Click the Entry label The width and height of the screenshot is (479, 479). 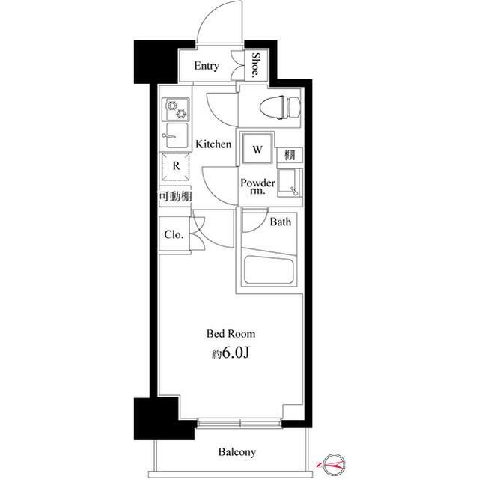pyautogui.click(x=207, y=66)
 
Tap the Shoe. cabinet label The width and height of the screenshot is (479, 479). pyautogui.click(x=256, y=65)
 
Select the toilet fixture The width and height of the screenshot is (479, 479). pyautogui.click(x=280, y=107)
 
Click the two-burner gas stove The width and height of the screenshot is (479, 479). pyautogui.click(x=175, y=109)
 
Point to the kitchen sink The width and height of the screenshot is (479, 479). pyautogui.click(x=176, y=135)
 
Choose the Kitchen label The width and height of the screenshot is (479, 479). pyautogui.click(x=213, y=144)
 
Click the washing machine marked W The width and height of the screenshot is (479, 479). pyautogui.click(x=257, y=149)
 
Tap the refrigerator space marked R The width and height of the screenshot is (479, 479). pyautogui.click(x=176, y=167)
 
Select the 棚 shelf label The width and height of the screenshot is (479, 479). pyautogui.click(x=290, y=155)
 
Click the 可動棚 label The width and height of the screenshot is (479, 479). pyautogui.click(x=175, y=196)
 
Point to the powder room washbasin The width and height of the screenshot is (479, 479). pyautogui.click(x=290, y=183)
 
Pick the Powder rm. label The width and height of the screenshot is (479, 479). pyautogui.click(x=257, y=186)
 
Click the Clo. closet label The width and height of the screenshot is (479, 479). pyautogui.click(x=174, y=234)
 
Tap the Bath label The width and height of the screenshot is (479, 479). pyautogui.click(x=281, y=222)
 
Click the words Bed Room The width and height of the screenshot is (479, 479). pyautogui.click(x=231, y=334)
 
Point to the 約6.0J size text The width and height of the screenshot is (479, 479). pyautogui.click(x=231, y=353)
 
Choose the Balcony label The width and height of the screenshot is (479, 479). pyautogui.click(x=237, y=452)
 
